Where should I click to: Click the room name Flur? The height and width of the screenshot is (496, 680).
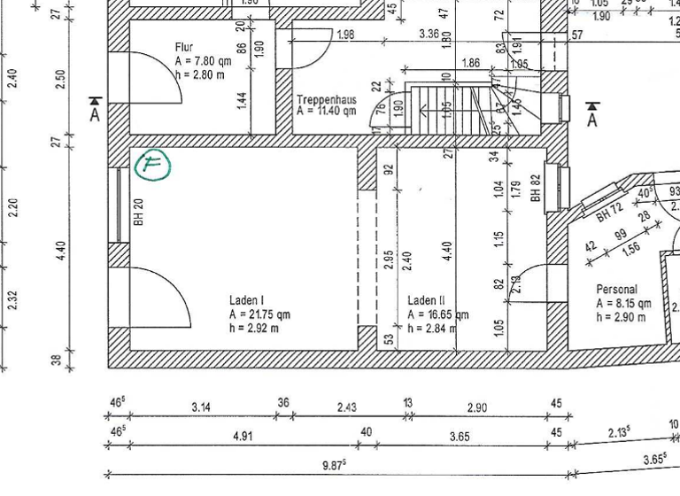click(x=185, y=48)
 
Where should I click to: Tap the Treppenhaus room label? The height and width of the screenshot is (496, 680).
click(x=327, y=100)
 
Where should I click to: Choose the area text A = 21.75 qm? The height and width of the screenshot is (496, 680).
click(x=259, y=314)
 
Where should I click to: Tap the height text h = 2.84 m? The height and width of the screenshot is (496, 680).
click(x=431, y=329)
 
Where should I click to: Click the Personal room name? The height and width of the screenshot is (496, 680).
click(x=616, y=290)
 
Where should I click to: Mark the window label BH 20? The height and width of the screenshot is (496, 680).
click(x=139, y=213)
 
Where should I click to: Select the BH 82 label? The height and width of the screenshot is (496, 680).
click(x=536, y=188)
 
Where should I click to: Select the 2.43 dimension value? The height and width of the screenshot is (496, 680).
click(x=348, y=407)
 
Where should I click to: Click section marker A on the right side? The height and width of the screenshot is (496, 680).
click(x=592, y=114)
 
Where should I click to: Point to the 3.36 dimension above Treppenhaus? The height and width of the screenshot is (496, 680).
click(x=429, y=35)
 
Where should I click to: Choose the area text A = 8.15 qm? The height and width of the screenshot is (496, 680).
click(x=623, y=303)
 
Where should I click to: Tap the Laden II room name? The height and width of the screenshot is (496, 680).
click(x=427, y=301)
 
